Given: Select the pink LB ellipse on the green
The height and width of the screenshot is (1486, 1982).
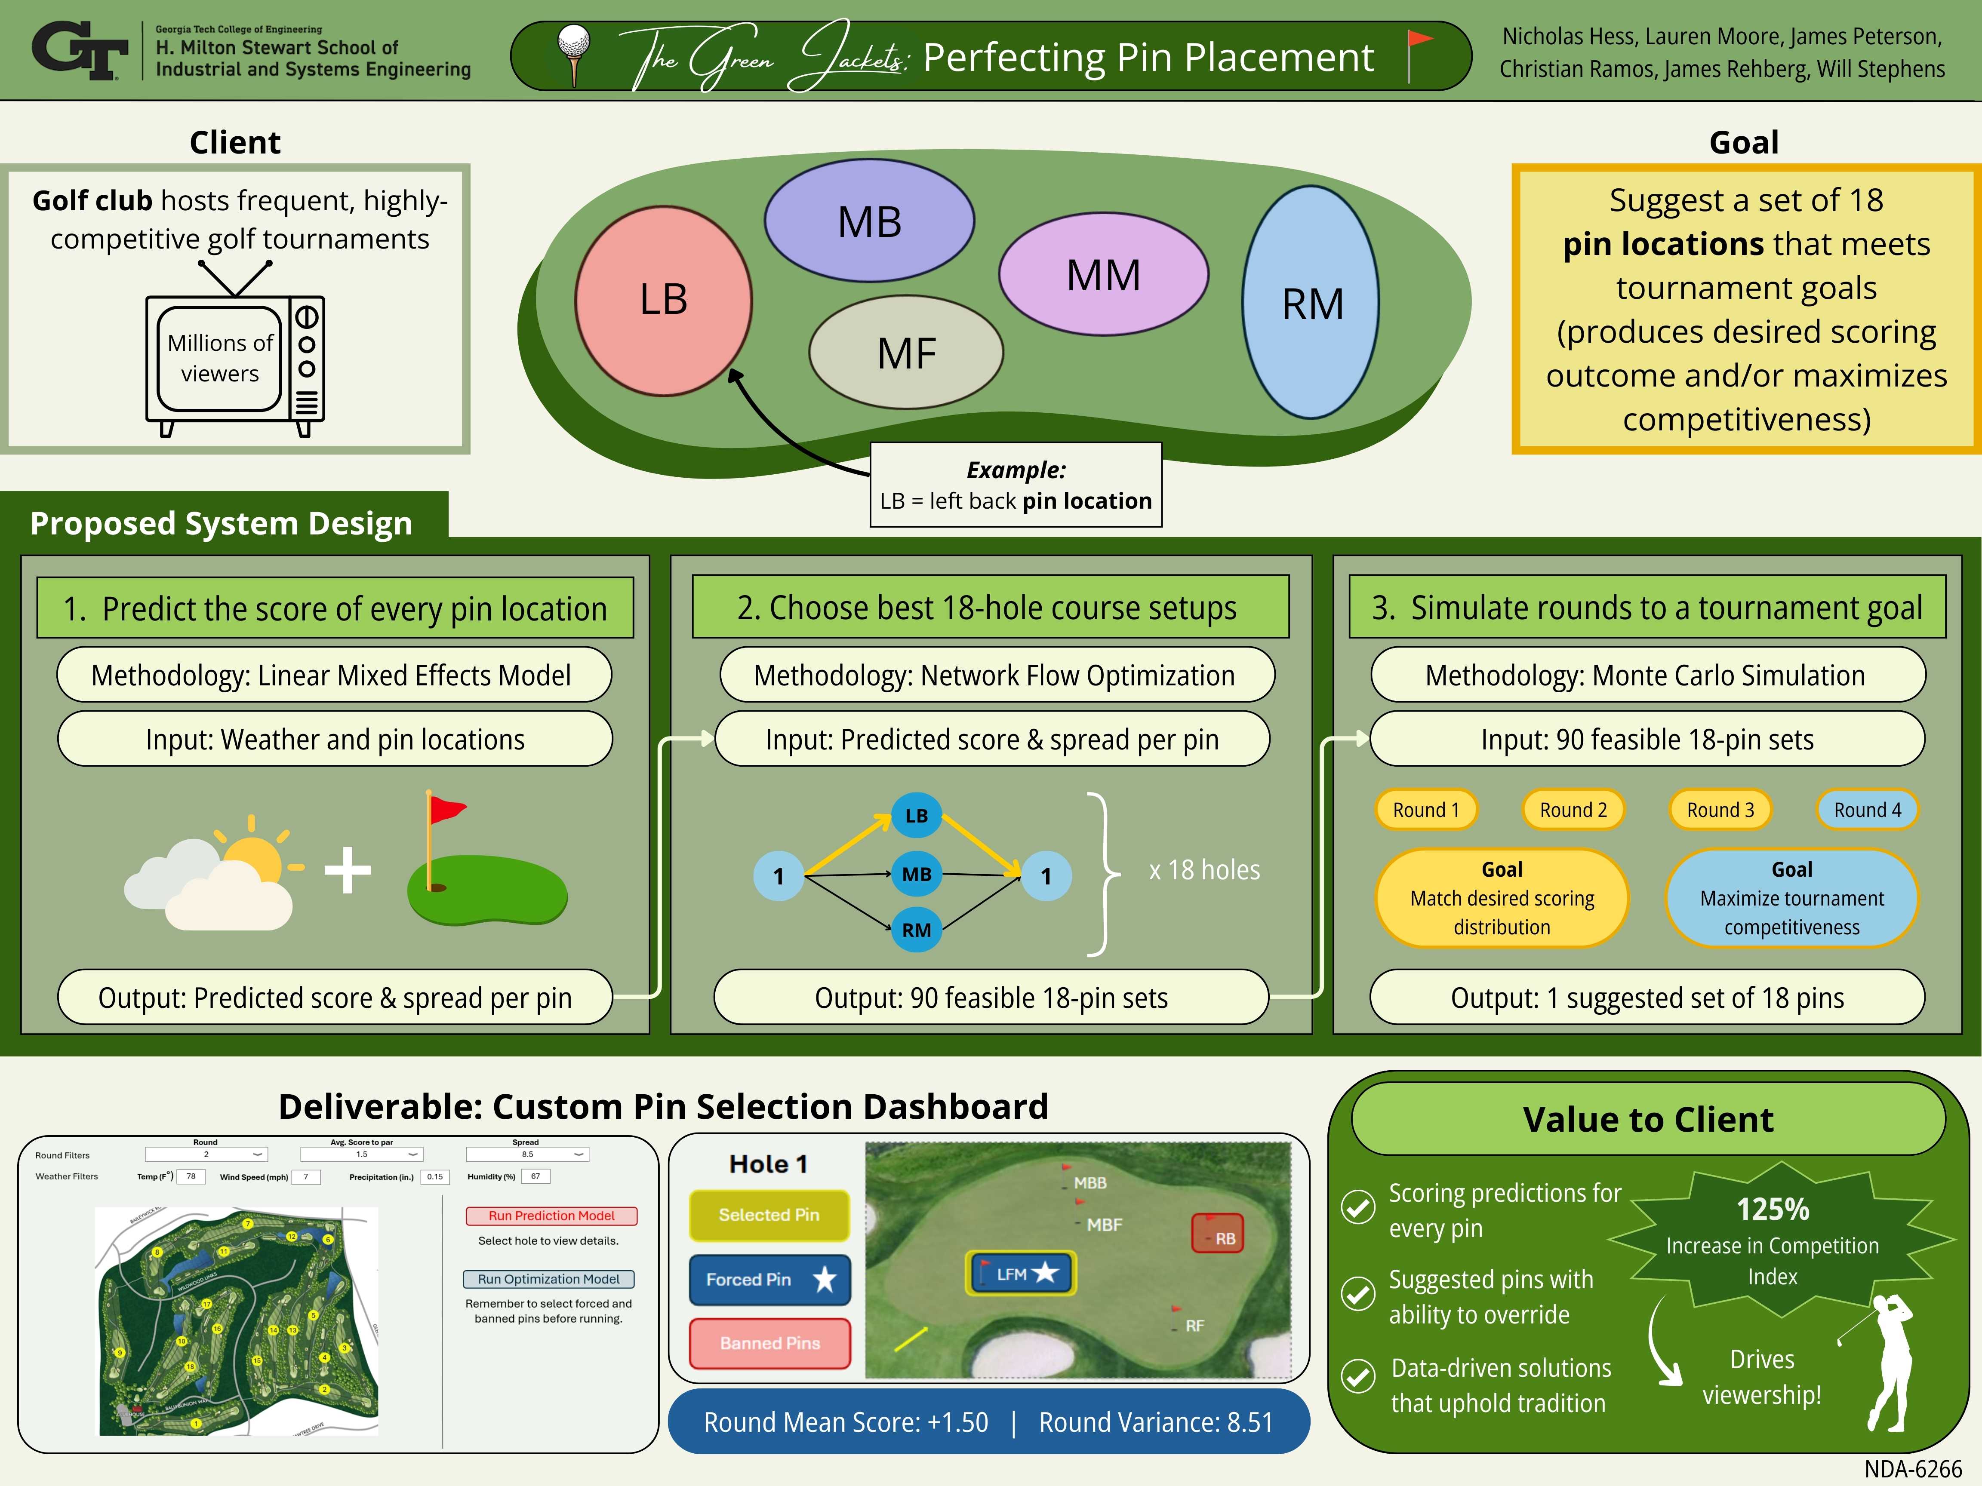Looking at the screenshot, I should point(663,300).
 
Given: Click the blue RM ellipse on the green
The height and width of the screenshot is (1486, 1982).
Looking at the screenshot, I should point(1310,303).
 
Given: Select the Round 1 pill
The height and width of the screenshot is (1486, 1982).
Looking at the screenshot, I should point(1425,810).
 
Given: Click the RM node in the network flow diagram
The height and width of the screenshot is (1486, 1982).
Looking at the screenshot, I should point(916,930).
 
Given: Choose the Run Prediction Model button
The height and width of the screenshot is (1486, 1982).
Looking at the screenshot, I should point(551,1216).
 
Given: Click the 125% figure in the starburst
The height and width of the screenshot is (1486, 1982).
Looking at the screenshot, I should point(1773,1209).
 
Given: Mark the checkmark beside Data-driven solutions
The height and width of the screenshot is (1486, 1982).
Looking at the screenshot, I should point(1358,1376).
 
